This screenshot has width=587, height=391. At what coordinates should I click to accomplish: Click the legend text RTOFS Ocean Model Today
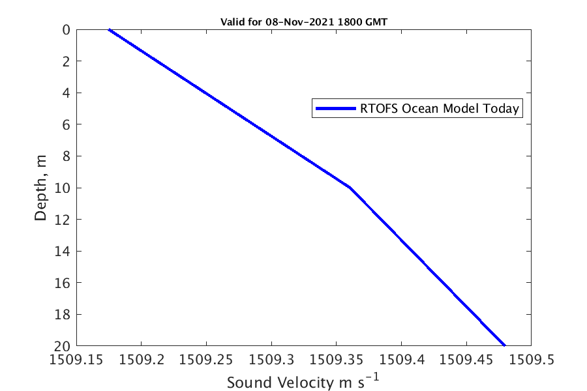pyautogui.click(x=440, y=109)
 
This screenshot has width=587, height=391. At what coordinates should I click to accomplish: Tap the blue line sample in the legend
pyautogui.click(x=336, y=109)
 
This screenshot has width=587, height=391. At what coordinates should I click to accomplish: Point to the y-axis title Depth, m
pyautogui.click(x=41, y=188)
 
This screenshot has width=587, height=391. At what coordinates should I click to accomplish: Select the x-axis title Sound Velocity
pyautogui.click(x=303, y=382)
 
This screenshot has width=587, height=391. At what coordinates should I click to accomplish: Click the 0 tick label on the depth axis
pyautogui.click(x=67, y=30)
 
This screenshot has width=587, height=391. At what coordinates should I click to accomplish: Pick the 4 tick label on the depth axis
pyautogui.click(x=67, y=93)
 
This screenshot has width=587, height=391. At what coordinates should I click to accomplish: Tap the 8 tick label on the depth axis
pyautogui.click(x=67, y=156)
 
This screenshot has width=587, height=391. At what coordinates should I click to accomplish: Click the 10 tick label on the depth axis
pyautogui.click(x=63, y=188)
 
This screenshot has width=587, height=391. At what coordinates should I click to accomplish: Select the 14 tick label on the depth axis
pyautogui.click(x=63, y=252)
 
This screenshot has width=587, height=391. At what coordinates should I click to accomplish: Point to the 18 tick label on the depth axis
pyautogui.click(x=63, y=315)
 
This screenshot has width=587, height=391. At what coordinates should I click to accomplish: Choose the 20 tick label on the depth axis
pyautogui.click(x=63, y=346)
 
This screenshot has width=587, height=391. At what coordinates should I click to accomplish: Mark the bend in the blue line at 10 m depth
pyautogui.click(x=350, y=188)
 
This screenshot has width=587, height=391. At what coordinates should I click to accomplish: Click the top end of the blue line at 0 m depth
pyautogui.click(x=109, y=29)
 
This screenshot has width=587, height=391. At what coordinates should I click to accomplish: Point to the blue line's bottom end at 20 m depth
pyautogui.click(x=505, y=345)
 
